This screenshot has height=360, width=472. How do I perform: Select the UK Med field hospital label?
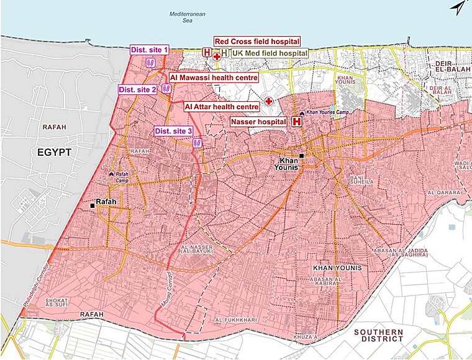tap(270, 54)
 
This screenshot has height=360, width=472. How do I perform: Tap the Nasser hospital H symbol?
tap(296, 122)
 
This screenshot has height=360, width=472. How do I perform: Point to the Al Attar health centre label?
tap(222, 107)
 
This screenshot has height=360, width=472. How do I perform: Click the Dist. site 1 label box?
tap(149, 50)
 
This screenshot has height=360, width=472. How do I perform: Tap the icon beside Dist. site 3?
tap(197, 143)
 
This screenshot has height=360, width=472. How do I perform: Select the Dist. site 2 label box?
tap(138, 89)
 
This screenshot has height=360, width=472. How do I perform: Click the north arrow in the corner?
tap(458, 8)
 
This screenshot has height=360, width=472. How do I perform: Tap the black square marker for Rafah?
tap(93, 205)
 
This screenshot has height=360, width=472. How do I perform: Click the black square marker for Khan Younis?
tap(301, 156)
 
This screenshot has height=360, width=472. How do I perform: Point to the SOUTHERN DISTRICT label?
tap(378, 336)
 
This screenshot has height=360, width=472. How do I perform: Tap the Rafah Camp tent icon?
tap(111, 175)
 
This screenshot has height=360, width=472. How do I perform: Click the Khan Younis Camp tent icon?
tap(301, 113)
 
